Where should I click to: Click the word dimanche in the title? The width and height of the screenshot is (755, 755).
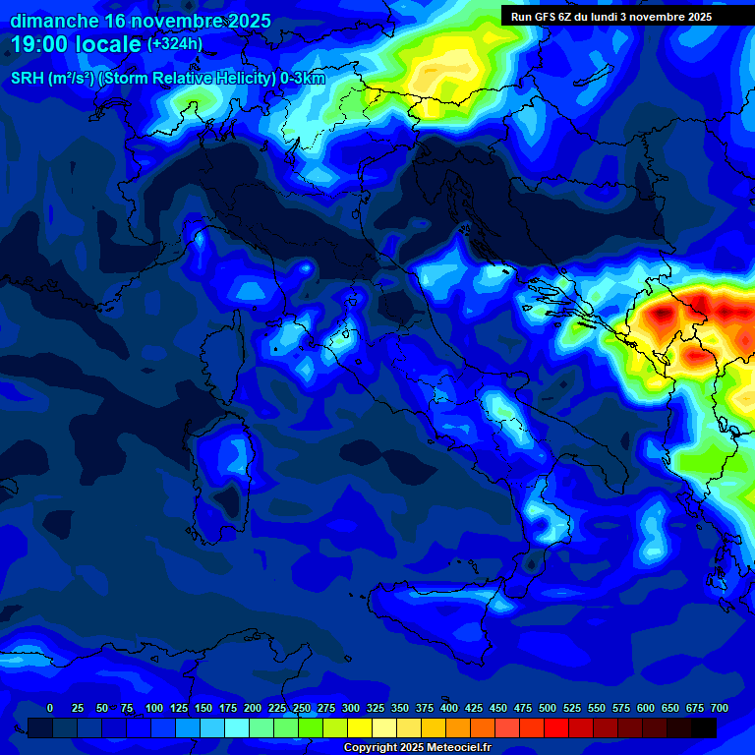pyautogui.click(x=53, y=21)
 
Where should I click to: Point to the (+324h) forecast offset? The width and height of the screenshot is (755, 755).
pyautogui.click(x=175, y=44)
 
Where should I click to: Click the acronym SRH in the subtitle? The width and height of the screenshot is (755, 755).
pyautogui.click(x=27, y=79)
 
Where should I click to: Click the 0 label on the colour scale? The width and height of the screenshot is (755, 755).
pyautogui.click(x=50, y=708)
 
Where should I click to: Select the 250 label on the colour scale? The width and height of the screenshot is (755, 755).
pyautogui.click(x=302, y=708)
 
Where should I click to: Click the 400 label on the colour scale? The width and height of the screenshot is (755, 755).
pyautogui.click(x=449, y=708)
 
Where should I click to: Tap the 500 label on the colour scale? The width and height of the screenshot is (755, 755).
pyautogui.click(x=548, y=708)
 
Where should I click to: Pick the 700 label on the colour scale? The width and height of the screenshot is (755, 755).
pyautogui.click(x=719, y=708)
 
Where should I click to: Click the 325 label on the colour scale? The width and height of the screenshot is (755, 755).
pyautogui.click(x=376, y=708)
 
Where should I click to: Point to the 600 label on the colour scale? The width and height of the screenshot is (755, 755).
pyautogui.click(x=646, y=708)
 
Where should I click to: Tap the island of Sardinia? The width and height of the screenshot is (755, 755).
pyautogui.click(x=221, y=472)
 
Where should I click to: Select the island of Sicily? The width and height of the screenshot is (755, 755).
pyautogui.click(x=433, y=614)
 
